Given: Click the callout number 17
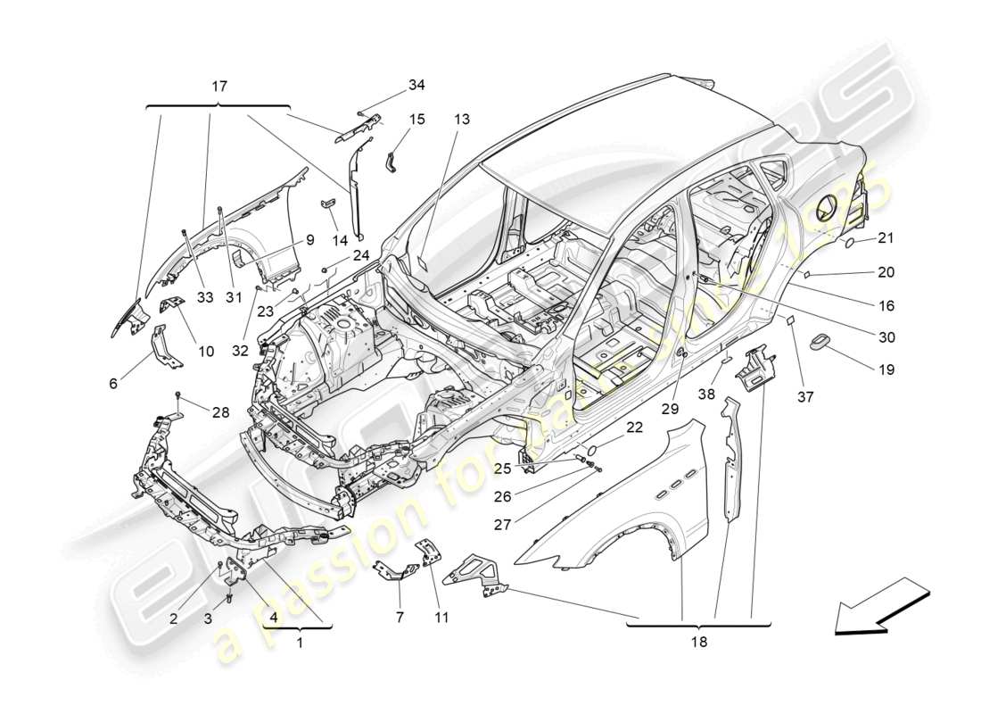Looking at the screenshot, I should pos(219,87).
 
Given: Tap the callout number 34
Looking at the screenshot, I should pos(416,85).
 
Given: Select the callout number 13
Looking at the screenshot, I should pos(460,119).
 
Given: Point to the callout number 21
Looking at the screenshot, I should pos(885,237).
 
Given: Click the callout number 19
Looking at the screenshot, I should pos(885,369).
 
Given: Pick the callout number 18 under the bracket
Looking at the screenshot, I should pos(697,642).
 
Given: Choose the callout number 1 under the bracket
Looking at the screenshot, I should pos(300,642).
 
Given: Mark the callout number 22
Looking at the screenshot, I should pos(634,428).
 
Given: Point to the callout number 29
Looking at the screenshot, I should pos(670,408).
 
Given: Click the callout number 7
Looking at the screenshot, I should pos(399,617).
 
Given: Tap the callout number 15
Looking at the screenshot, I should pos(416,119).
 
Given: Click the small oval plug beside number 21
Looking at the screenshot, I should pos(849,241).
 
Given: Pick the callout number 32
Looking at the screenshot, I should pos(239,352).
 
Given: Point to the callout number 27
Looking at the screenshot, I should pos(502,526).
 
